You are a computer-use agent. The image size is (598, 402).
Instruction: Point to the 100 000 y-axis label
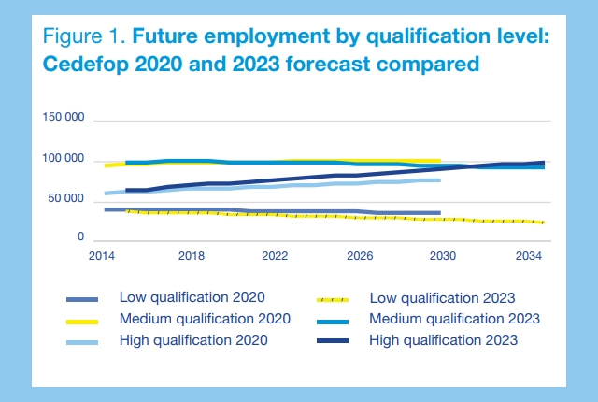[x=65, y=160]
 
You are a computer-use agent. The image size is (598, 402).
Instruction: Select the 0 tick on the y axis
[x=82, y=240]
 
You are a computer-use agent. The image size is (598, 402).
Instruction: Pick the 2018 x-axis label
[x=192, y=256]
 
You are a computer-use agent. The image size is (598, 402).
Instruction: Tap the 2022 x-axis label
[x=275, y=256]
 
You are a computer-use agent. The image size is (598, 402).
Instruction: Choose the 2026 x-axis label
[x=360, y=256]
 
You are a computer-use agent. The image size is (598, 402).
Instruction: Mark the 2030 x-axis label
[x=442, y=256]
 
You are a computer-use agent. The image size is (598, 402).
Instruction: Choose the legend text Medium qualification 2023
[x=454, y=319]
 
